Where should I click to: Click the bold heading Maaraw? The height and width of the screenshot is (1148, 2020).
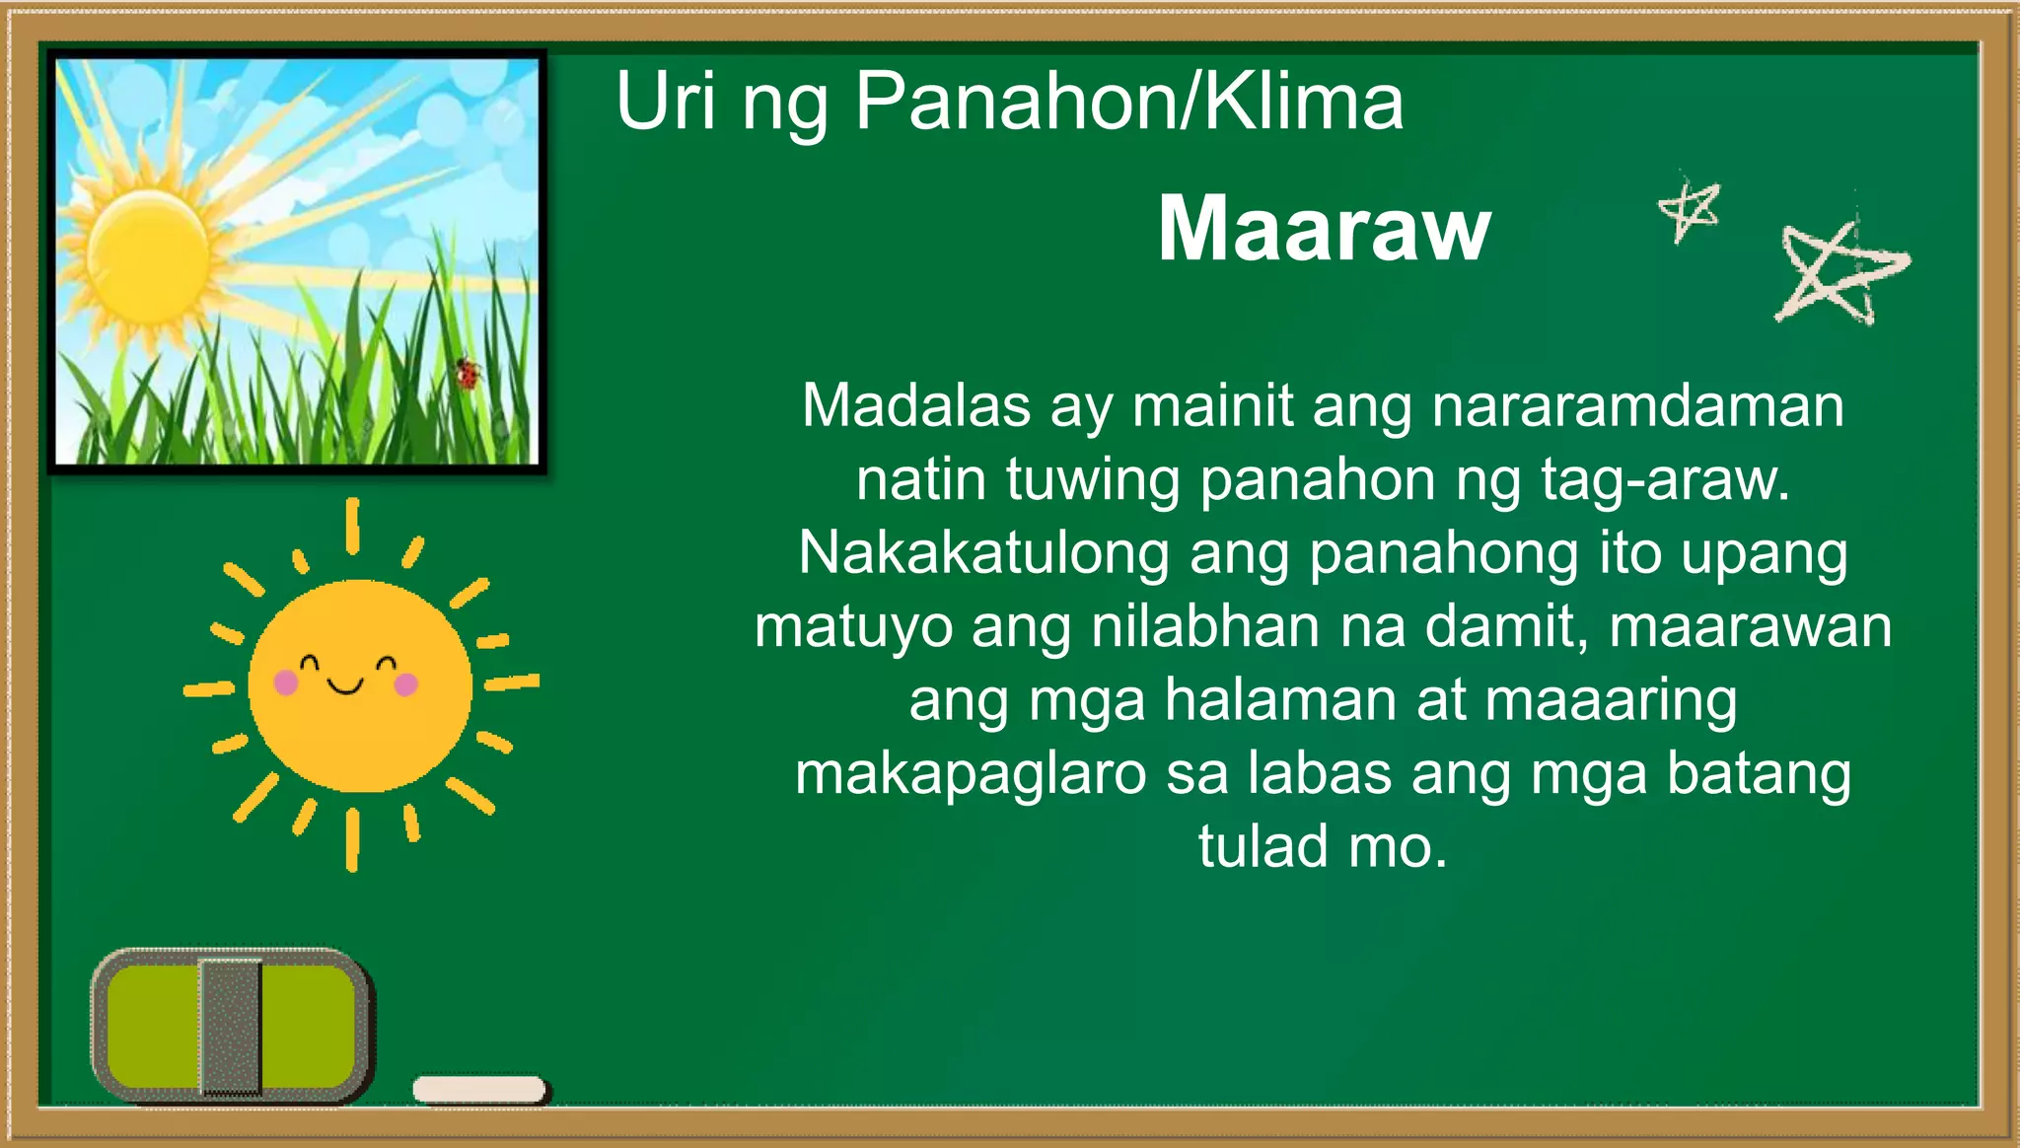[1323, 229]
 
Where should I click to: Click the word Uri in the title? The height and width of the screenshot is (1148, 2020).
[666, 102]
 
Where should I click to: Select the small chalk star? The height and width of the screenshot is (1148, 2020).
[1689, 209]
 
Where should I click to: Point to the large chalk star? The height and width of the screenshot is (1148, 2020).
[1840, 274]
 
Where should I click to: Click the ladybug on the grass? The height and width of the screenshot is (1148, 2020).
[468, 373]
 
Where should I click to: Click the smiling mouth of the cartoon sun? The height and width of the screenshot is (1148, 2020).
[345, 685]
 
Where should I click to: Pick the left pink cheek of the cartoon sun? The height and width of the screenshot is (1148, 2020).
[286, 682]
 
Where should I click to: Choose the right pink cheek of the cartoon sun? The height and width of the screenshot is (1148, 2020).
[405, 683]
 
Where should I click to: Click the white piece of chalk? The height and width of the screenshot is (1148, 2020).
[479, 1089]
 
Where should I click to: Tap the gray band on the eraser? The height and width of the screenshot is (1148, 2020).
[231, 1026]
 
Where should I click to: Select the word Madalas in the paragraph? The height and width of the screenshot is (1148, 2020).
[916, 405]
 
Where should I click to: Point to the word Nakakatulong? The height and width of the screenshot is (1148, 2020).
[983, 553]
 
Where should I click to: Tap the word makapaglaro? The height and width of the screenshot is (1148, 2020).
[971, 774]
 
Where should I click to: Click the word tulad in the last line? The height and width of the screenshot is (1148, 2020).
[1262, 847]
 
